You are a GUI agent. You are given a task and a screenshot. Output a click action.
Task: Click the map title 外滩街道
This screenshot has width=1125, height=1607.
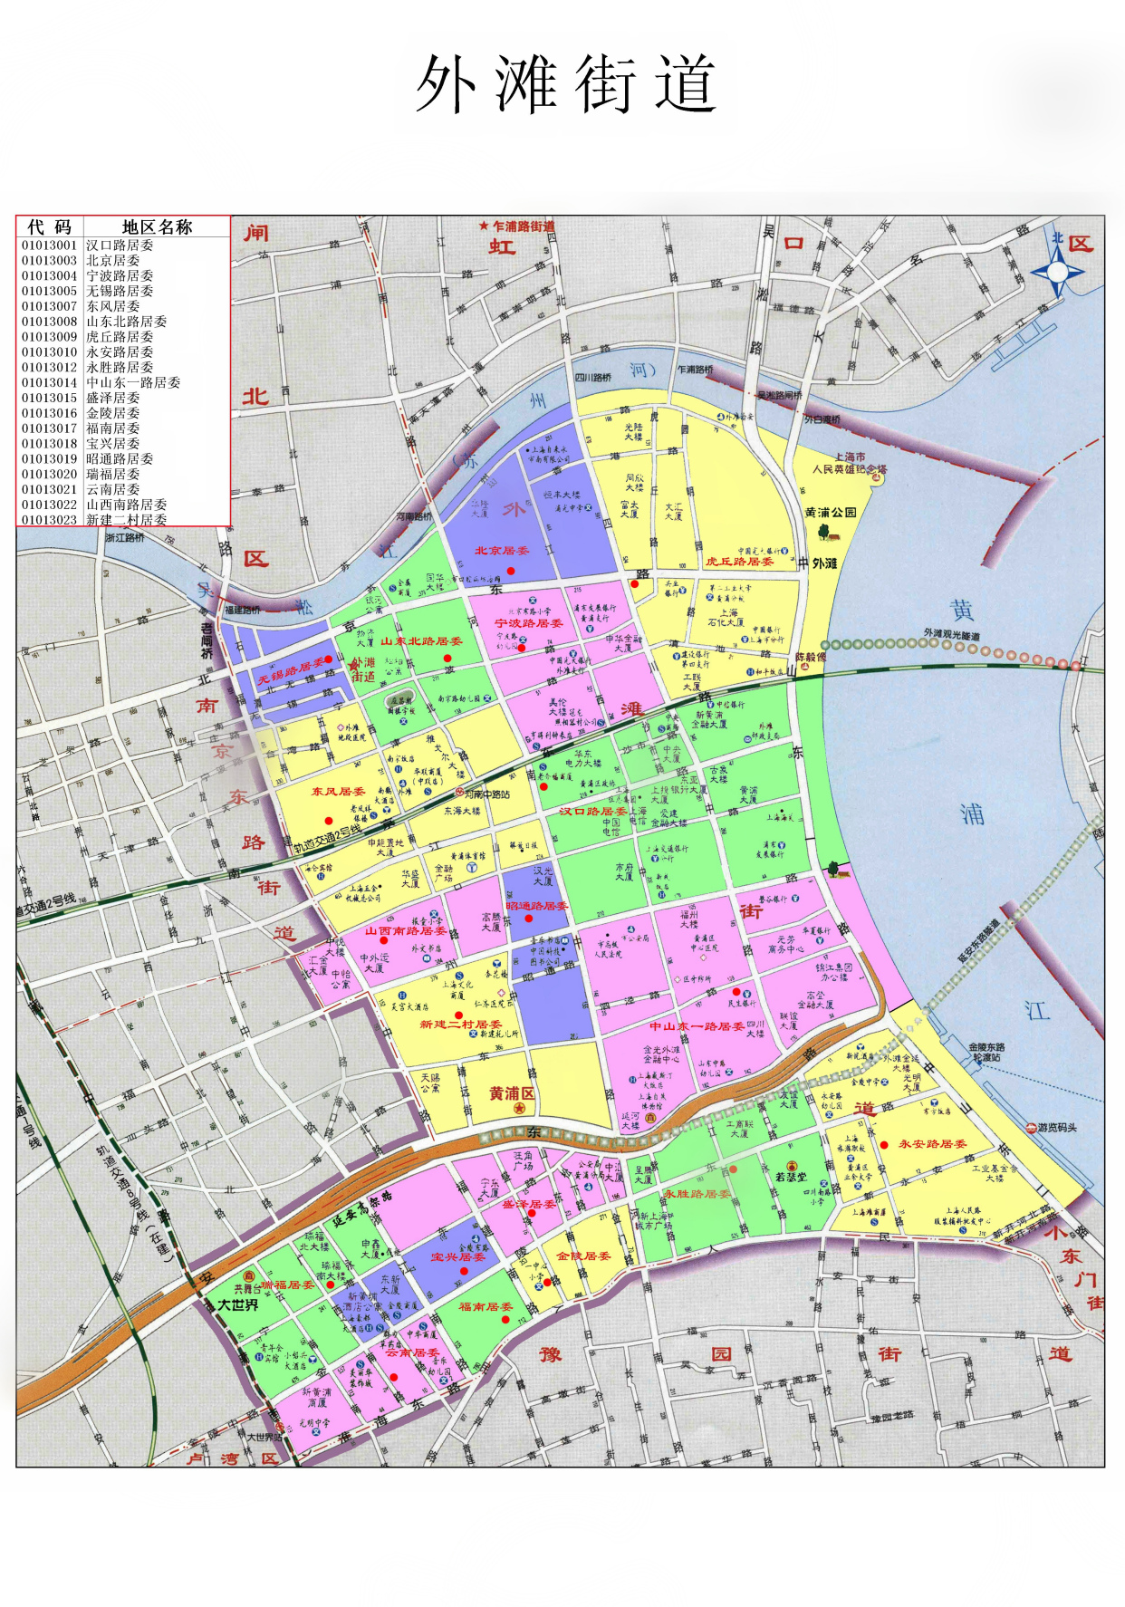(x=566, y=84)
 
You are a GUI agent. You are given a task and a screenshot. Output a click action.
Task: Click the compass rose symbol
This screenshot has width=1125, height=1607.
(x=1057, y=271)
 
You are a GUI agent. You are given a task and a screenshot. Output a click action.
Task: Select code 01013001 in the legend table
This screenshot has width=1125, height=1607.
(x=50, y=245)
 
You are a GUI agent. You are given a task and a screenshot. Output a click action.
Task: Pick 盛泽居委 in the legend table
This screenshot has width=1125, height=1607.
(x=113, y=398)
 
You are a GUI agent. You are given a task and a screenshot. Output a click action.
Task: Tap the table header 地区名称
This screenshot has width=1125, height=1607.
(x=157, y=226)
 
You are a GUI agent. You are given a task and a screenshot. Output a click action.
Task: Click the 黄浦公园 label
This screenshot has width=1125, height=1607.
(x=831, y=513)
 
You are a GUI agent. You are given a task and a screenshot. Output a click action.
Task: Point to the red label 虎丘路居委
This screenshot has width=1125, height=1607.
(x=739, y=562)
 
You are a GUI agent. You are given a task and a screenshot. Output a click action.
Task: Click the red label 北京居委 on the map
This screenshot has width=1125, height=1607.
(x=502, y=551)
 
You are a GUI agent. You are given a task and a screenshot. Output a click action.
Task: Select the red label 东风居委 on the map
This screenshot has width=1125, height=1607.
(x=338, y=791)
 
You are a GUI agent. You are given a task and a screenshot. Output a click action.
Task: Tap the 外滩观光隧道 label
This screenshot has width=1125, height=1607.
(x=951, y=634)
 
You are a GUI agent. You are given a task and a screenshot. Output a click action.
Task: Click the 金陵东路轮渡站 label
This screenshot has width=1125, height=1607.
(x=986, y=1052)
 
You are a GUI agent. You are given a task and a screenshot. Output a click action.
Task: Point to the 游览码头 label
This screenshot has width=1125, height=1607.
(x=1057, y=1128)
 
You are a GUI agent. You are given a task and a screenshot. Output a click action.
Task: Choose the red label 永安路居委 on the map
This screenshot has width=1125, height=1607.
(x=932, y=1144)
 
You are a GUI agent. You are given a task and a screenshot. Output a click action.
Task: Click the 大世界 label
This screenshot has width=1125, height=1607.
(x=237, y=1304)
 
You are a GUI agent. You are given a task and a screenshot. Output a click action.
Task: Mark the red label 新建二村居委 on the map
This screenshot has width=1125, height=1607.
(x=460, y=1024)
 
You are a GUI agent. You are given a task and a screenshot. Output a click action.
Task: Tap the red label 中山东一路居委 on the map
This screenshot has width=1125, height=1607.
(x=697, y=1026)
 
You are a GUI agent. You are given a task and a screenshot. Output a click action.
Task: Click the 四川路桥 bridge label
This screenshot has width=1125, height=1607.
(x=593, y=377)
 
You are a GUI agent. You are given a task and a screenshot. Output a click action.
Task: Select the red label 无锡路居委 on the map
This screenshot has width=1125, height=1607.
(x=290, y=671)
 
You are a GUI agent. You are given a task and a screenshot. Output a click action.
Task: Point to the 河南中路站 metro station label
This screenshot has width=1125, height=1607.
(x=487, y=794)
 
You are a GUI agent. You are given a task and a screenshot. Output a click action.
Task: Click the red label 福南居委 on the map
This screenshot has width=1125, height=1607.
(x=486, y=1306)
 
